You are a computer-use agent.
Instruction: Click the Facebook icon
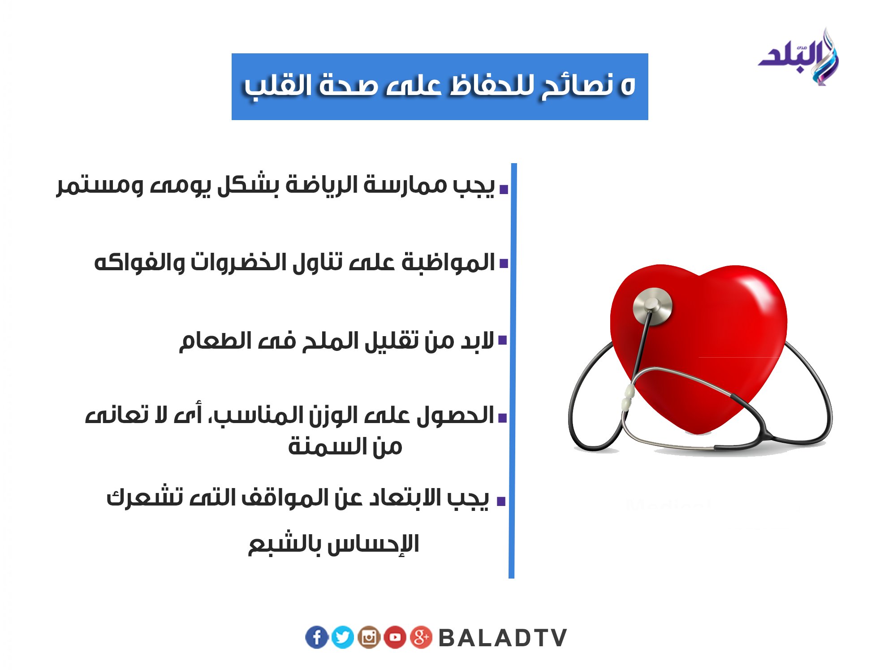[317, 637]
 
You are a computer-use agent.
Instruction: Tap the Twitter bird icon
[343, 637]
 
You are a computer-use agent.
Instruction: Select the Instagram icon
[369, 637]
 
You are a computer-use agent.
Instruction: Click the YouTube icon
[395, 637]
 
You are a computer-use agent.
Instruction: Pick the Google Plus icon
[421, 637]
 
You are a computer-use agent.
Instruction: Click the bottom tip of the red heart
[698, 432]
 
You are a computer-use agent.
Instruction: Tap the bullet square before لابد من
[503, 340]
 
